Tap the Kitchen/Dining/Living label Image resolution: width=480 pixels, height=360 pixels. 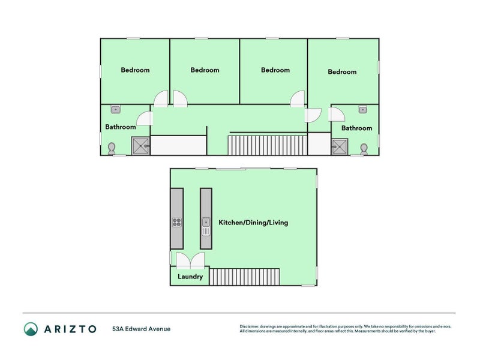pyautogui.click(x=253, y=223)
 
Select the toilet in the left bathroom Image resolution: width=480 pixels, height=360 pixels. pyautogui.click(x=112, y=148)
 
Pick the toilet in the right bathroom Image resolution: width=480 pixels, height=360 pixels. pyautogui.click(x=364, y=148)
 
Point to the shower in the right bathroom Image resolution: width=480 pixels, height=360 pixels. pyautogui.click(x=339, y=146)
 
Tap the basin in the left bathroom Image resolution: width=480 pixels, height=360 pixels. pyautogui.click(x=115, y=110)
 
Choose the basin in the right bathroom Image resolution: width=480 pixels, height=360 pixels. pyautogui.click(x=363, y=110)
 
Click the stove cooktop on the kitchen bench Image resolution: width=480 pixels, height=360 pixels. pyautogui.click(x=177, y=223)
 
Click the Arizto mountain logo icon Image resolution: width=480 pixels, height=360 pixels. pyautogui.click(x=31, y=329)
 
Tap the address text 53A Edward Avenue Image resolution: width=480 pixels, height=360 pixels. pyautogui.click(x=142, y=329)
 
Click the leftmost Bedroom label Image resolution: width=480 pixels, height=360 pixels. pyautogui.click(x=135, y=70)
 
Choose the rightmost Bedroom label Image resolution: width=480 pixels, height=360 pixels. pyautogui.click(x=342, y=72)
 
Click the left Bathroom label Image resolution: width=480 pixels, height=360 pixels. pyautogui.click(x=121, y=127)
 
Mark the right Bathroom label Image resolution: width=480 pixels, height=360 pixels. pyautogui.click(x=356, y=128)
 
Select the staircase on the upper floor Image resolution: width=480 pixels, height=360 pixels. pyautogui.click(x=267, y=145)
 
